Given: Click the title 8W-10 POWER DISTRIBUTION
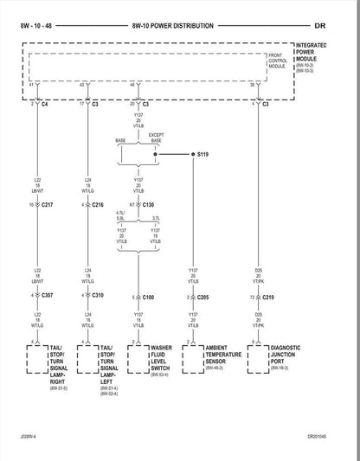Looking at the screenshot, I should [x=173, y=28].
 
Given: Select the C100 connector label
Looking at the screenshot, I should [x=148, y=297].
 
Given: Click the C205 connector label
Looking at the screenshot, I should [x=202, y=297].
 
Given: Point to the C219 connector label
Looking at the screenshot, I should [x=269, y=297].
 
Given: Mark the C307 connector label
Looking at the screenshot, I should [x=47, y=296].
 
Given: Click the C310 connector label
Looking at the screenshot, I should [x=97, y=296].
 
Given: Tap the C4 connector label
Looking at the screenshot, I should [x=45, y=104].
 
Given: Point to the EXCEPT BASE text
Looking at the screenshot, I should [x=156, y=138].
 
